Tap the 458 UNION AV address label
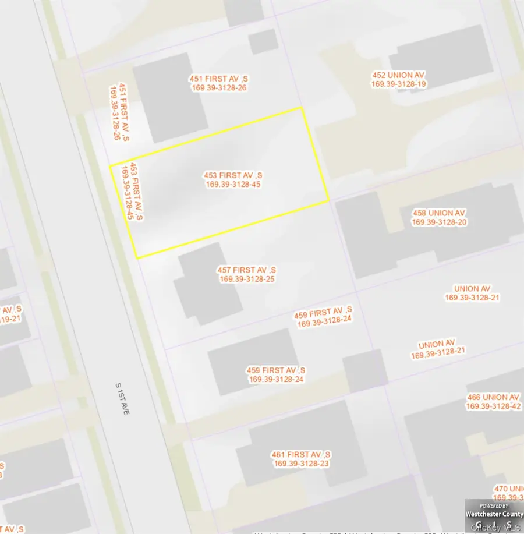439,213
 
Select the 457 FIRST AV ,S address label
247,270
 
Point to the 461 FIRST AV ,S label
302,454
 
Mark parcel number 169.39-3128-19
399,84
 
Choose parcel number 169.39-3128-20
439,222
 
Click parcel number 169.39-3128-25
247,279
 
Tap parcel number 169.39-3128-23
302,463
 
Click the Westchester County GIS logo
493,516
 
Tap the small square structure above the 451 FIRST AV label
263,42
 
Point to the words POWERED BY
494,506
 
